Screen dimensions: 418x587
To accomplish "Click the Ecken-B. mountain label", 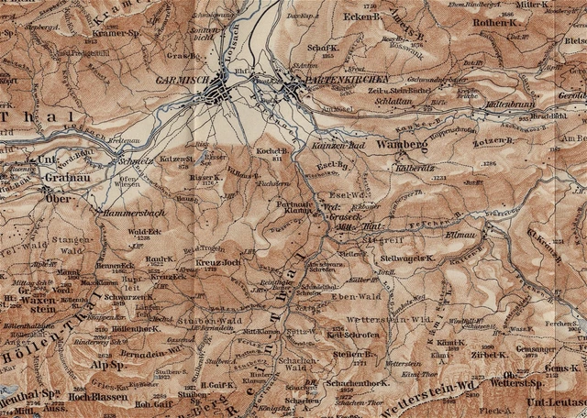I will pos(363,16).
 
